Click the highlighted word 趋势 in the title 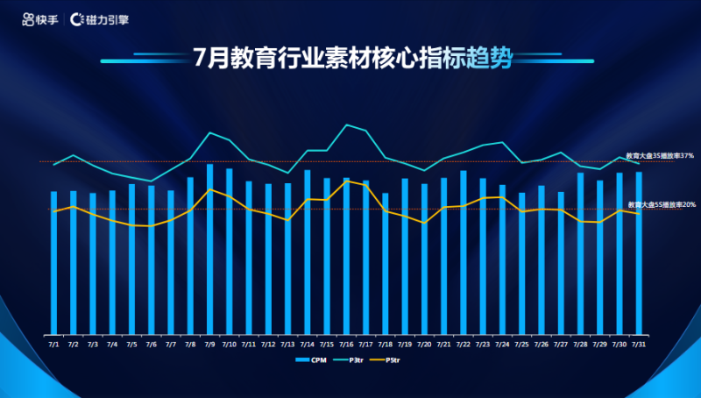point(490,59)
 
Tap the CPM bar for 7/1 point(53,262)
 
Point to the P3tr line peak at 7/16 point(346,124)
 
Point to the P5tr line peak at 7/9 point(209,189)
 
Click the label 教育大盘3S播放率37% point(666,155)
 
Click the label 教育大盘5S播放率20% point(666,204)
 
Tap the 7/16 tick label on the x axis point(346,345)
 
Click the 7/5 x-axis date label point(131,345)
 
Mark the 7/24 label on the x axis point(502,345)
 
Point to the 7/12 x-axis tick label point(268,345)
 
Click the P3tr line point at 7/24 point(502,142)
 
